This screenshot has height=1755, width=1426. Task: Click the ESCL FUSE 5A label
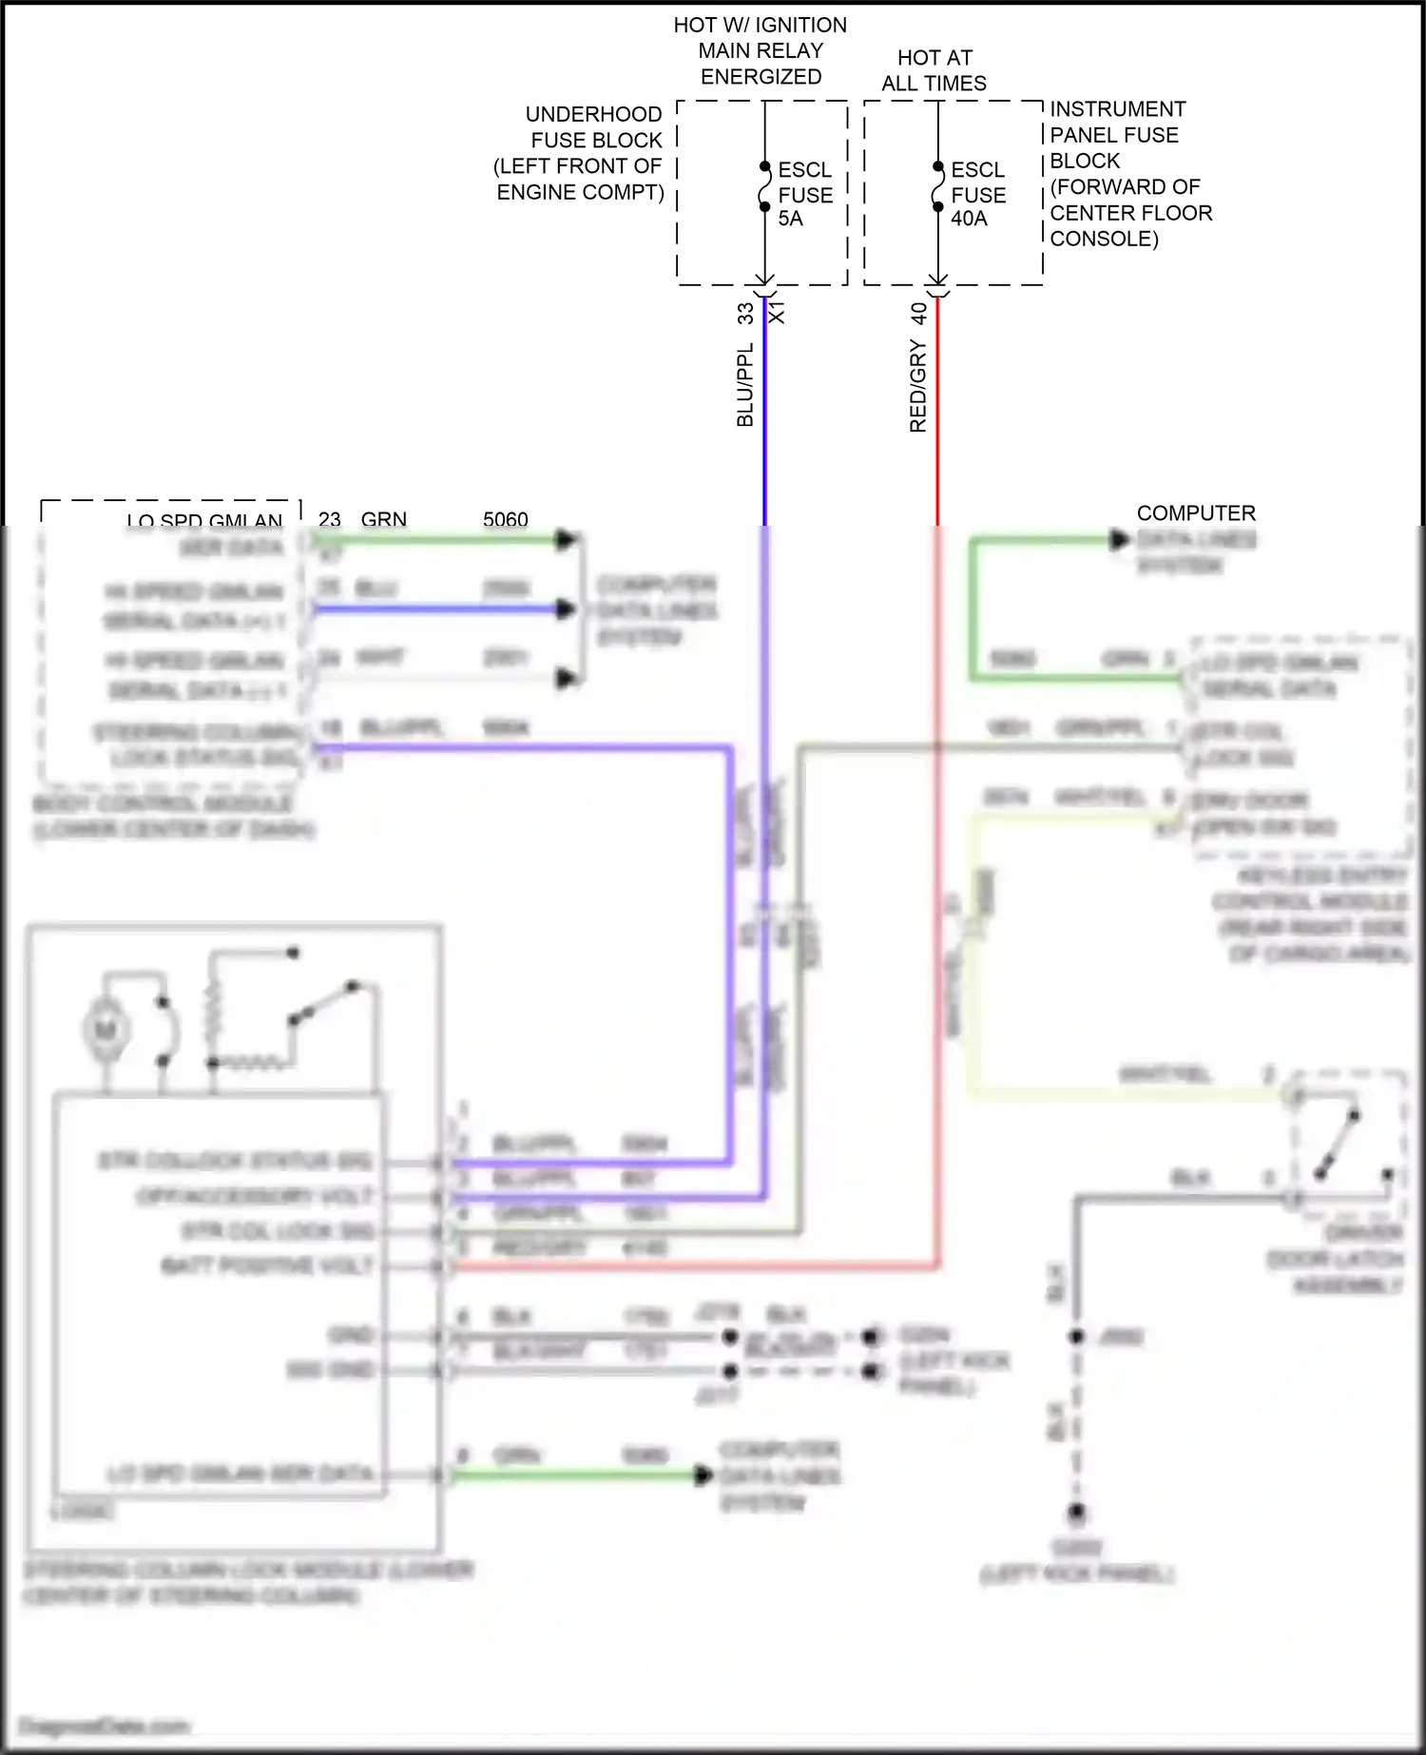[x=804, y=194]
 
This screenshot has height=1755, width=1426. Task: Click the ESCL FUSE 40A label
[x=977, y=194]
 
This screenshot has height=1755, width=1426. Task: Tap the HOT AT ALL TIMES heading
[x=934, y=70]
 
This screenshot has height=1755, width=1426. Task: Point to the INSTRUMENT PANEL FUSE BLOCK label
[x=1130, y=173]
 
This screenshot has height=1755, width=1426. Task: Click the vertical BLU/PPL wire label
[x=744, y=384]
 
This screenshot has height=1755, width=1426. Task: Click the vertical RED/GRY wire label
[x=917, y=385]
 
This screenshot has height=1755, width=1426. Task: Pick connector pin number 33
[x=744, y=313]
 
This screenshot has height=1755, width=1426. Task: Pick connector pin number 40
[x=917, y=313]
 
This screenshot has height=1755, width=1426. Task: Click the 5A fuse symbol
[x=764, y=186]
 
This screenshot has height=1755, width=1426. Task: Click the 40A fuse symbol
[x=937, y=186]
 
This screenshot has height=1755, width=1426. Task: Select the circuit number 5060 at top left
[x=505, y=519]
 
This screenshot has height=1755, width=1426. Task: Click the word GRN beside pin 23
[x=383, y=519]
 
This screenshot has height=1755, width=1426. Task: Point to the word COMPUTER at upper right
[x=1195, y=513]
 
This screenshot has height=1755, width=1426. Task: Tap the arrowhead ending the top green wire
[x=567, y=540]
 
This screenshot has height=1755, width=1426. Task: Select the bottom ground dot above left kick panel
[x=1076, y=1512]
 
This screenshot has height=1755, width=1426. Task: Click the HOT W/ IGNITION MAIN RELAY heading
[x=760, y=50]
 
